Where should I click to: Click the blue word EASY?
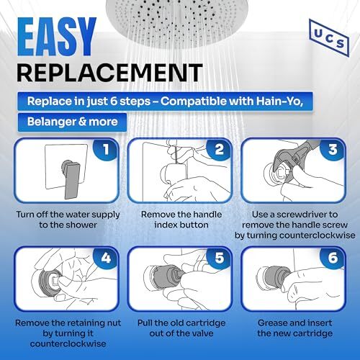coord(57,37)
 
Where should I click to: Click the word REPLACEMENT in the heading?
coord(109,73)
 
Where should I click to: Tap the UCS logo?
coord(329,38)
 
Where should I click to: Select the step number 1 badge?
coord(106,150)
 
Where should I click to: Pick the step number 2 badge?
coord(219,150)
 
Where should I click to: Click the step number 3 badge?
coord(333,150)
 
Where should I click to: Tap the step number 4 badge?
coord(106,258)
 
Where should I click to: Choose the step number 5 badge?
coord(219,258)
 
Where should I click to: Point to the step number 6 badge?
coord(333,258)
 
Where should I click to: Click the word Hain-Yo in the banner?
coord(279,102)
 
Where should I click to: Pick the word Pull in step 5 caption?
coord(145,323)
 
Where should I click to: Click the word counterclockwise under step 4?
coord(68,343)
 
